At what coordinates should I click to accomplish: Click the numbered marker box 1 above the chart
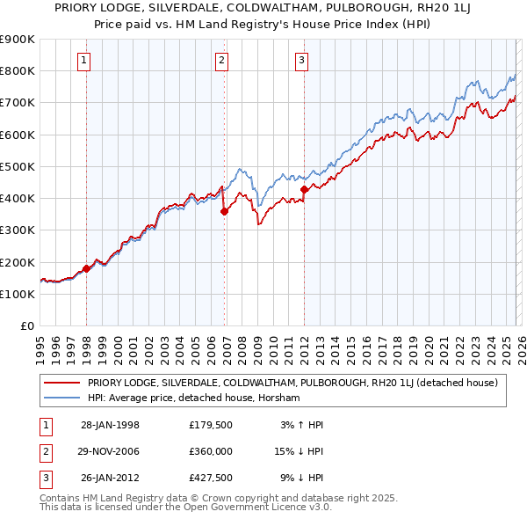[83, 61]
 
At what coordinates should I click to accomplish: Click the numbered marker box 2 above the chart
[221, 61]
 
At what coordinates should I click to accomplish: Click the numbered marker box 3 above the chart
[301, 61]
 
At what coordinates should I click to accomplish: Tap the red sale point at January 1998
[87, 268]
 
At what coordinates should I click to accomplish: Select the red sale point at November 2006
[225, 211]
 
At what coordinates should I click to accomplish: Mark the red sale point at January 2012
[304, 189]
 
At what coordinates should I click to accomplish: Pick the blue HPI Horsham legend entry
[193, 398]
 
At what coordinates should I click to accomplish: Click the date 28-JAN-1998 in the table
[110, 425]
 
